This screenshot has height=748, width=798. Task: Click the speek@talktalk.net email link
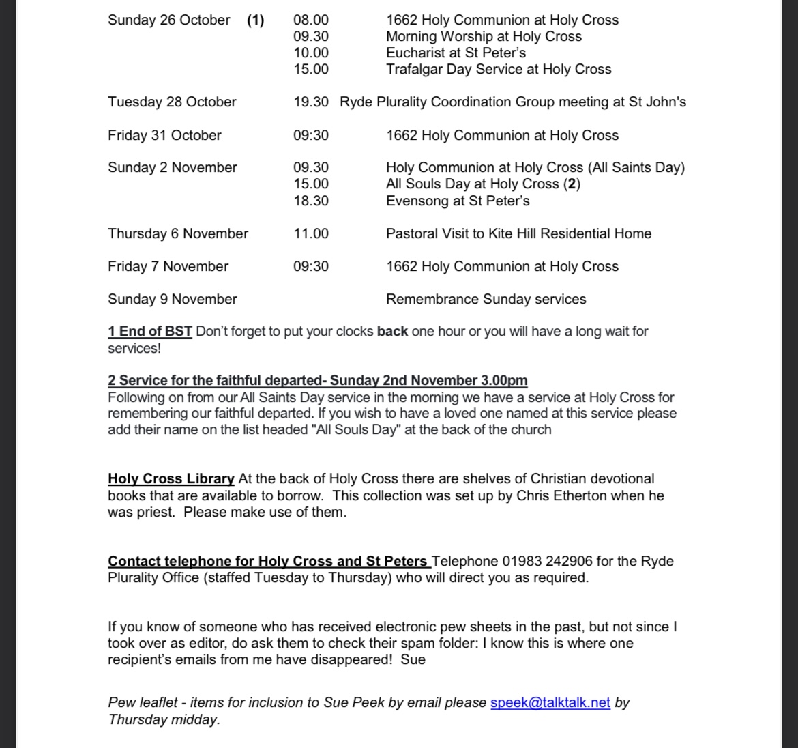point(550,703)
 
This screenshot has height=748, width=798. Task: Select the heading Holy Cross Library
point(171,479)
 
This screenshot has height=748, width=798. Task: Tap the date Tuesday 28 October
point(172,102)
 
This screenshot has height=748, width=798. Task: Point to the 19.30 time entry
point(311,102)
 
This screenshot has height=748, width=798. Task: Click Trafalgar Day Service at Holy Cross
point(499,70)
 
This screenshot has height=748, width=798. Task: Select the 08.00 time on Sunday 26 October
point(311,20)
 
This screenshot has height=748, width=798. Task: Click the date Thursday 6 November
point(178,234)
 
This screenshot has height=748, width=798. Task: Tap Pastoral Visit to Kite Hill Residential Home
point(518,234)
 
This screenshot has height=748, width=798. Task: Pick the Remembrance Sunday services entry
point(486,300)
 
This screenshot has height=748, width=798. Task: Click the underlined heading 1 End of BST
point(150,332)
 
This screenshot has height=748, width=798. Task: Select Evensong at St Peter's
point(458,201)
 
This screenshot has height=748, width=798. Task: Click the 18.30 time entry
point(311,201)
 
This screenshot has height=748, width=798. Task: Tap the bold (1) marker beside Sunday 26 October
point(255,20)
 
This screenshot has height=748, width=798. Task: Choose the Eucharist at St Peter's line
point(456,53)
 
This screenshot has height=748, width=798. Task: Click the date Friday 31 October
point(164,135)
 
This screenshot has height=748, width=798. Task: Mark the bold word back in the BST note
point(392,332)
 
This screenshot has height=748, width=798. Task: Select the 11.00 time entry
point(311,234)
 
